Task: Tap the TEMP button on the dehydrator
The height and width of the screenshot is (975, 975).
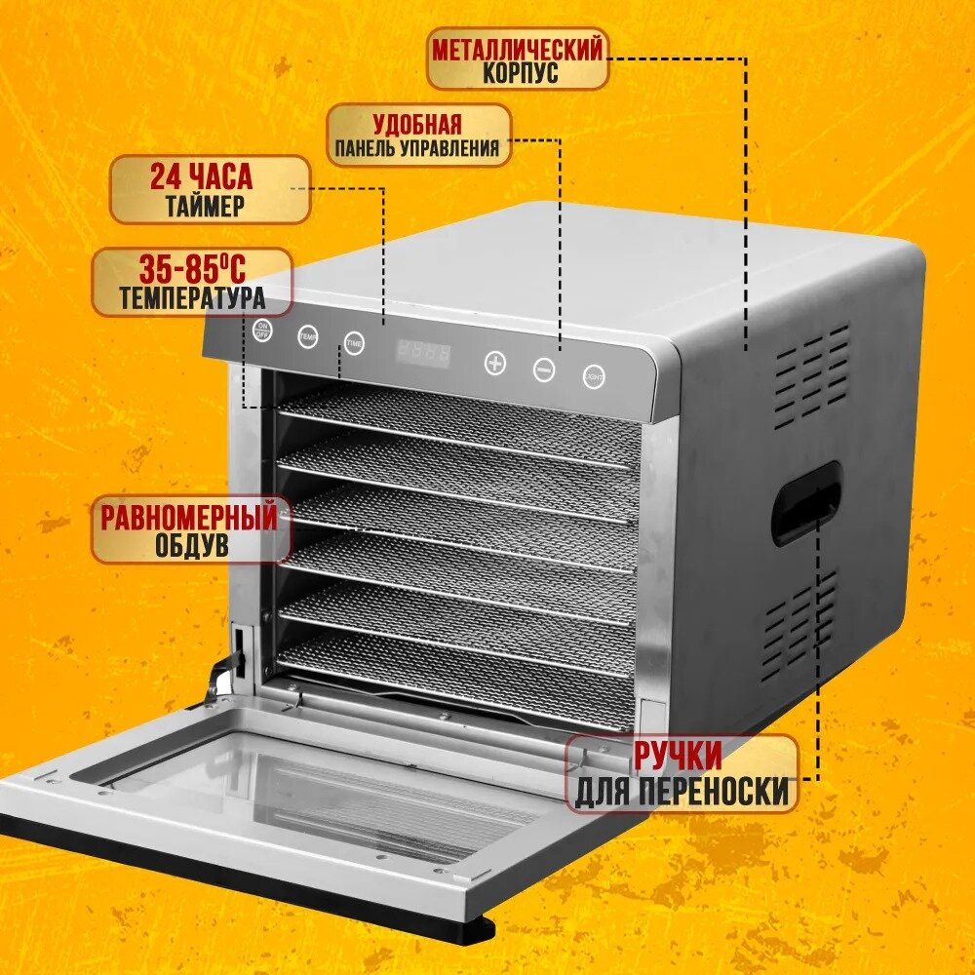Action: coord(308,335)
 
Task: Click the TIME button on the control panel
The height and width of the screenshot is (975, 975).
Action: coord(354,343)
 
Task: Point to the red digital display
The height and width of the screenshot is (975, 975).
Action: coord(423,354)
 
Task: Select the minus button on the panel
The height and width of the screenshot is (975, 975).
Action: coord(544,370)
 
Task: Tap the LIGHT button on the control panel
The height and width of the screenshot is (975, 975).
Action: coord(594,376)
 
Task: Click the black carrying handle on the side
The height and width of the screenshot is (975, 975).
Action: coord(805,503)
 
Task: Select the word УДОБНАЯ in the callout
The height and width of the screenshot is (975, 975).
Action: coord(417,125)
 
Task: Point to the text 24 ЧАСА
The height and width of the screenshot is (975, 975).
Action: coord(201,177)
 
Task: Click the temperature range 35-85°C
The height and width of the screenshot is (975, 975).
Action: coord(191,269)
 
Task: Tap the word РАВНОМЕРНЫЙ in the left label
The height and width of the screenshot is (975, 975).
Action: coord(189,518)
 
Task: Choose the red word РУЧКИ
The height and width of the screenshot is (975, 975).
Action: coord(679,756)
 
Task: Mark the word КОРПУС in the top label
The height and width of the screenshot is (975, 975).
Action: coord(521,73)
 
